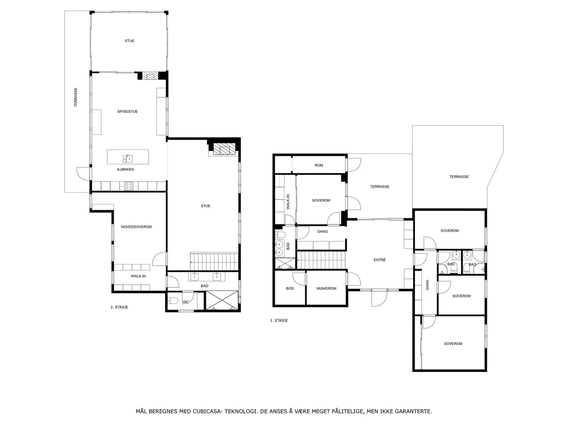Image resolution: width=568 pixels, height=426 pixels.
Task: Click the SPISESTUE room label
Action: (x=127, y=111)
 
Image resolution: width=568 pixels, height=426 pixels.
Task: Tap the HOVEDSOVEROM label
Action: (x=136, y=227)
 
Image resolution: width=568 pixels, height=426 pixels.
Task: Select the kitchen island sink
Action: (x=128, y=158)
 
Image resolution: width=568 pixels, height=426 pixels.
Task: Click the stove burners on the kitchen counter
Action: (x=129, y=186)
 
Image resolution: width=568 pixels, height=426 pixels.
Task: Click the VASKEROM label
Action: (x=326, y=288)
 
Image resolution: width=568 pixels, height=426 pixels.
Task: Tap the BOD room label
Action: (x=290, y=288)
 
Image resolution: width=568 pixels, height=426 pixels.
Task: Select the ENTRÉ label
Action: (x=379, y=260)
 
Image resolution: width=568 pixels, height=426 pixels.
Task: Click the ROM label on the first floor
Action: (x=318, y=165)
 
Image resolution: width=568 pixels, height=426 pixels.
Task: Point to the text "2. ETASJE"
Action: (x=119, y=307)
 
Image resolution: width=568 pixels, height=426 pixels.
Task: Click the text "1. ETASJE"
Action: (x=279, y=321)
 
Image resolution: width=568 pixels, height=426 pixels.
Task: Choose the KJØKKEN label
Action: (x=126, y=169)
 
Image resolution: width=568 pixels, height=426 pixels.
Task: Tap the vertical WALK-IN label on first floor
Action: (x=288, y=202)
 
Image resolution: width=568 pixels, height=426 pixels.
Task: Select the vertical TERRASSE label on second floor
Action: (x=76, y=97)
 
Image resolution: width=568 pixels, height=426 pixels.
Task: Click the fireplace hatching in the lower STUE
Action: (x=224, y=149)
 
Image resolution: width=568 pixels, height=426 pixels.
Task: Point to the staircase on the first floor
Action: (x=321, y=260)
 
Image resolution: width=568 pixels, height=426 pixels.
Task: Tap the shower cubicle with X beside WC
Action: (x=222, y=300)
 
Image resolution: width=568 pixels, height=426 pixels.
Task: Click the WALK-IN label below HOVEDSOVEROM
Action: (x=138, y=276)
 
